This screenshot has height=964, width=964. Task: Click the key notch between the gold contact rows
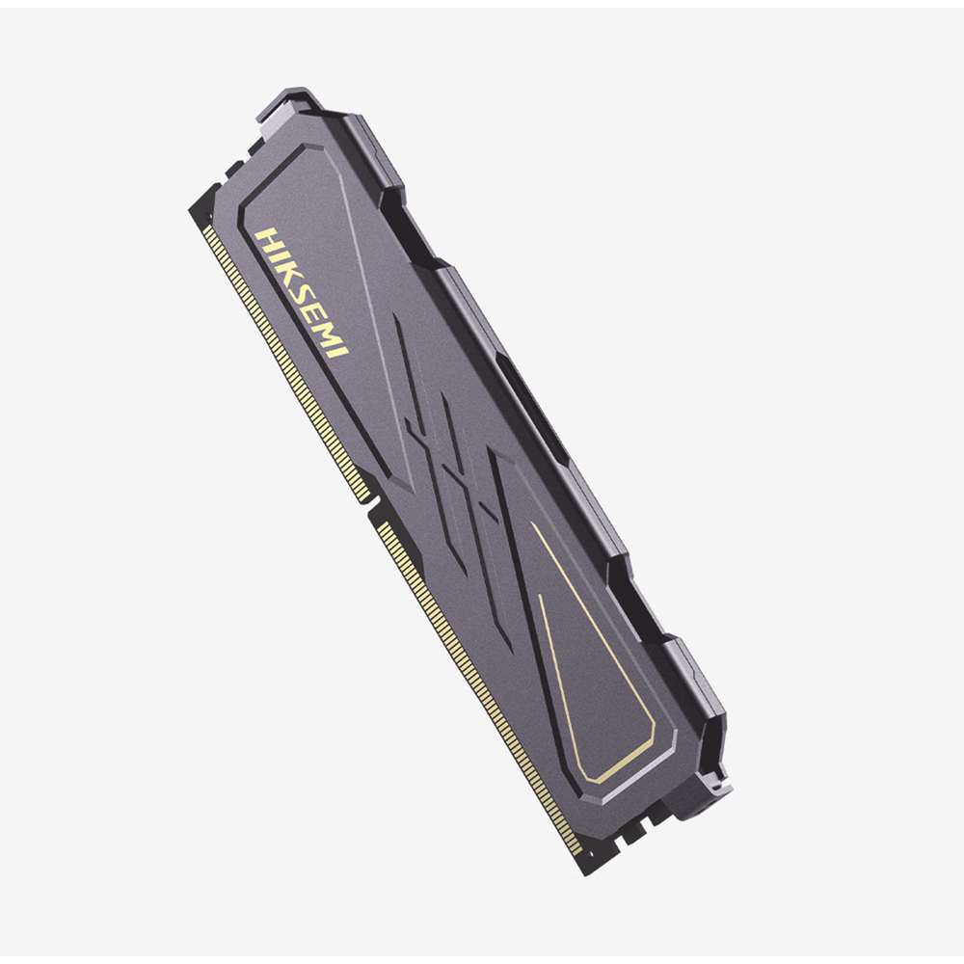(x=370, y=508)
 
